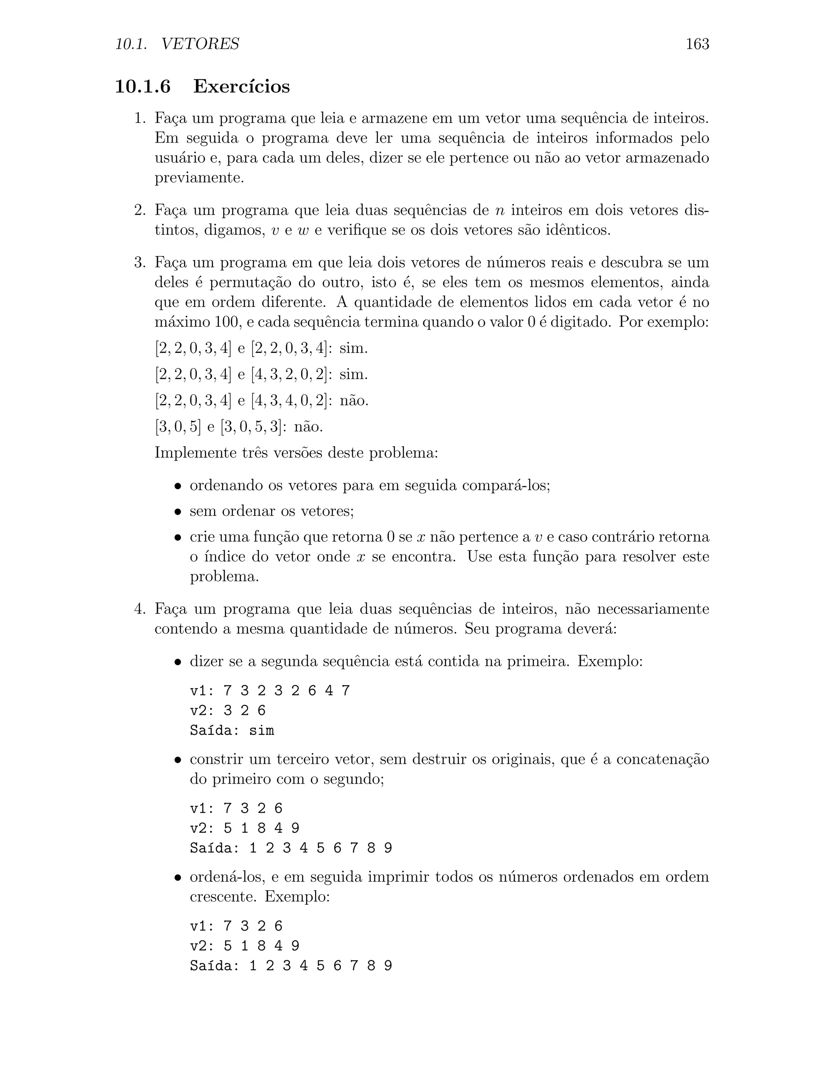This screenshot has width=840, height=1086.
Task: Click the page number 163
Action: pos(697,44)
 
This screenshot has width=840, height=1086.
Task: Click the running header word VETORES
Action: pos(200,44)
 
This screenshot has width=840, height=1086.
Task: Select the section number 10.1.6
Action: pos(143,86)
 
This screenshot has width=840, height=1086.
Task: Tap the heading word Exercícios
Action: pos(241,86)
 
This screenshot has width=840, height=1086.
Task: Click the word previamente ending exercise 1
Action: pos(199,178)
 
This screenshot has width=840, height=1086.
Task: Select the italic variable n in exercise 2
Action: pos(500,210)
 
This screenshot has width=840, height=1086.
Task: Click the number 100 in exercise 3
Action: pos(226,322)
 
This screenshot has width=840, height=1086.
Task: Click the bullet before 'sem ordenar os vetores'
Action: pos(177,512)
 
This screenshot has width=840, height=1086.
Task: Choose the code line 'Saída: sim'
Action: pos(232,730)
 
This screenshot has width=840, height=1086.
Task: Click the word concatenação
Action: pos(662,759)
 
